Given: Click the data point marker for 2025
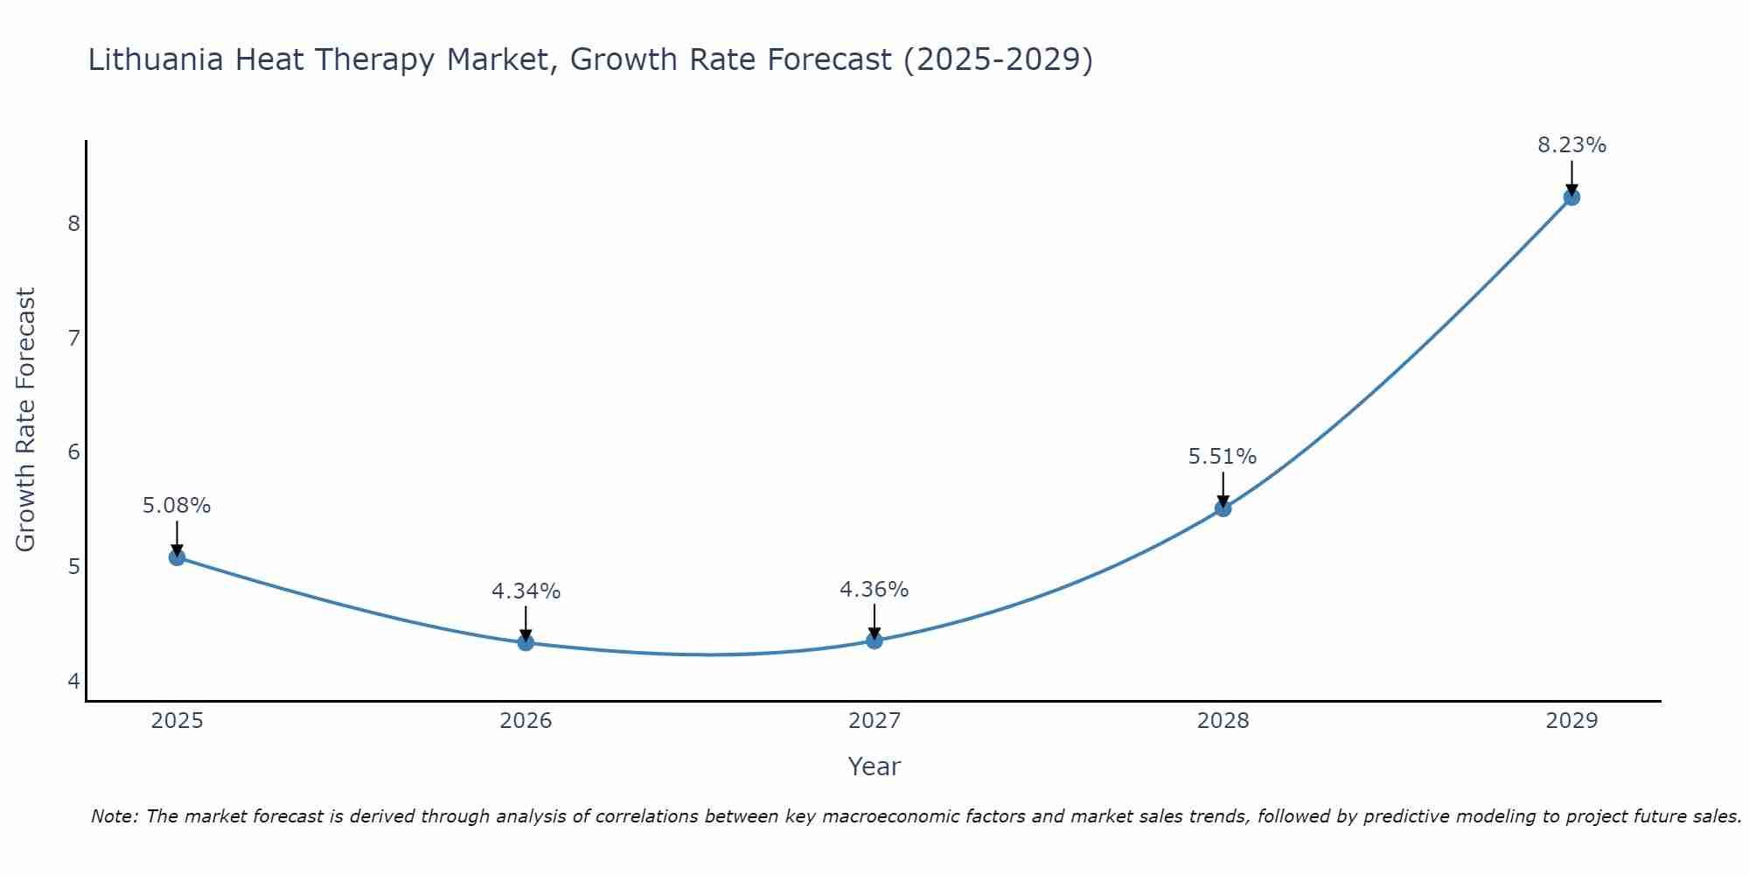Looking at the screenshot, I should pyautogui.click(x=177, y=557).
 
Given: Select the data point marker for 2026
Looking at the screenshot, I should pyautogui.click(x=526, y=642).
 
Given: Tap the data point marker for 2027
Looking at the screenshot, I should pyautogui.click(x=874, y=640).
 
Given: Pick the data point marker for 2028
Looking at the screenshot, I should pyautogui.click(x=1223, y=508).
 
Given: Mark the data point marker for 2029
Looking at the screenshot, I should pyautogui.click(x=1571, y=197).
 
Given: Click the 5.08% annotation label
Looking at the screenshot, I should pyautogui.click(x=177, y=506).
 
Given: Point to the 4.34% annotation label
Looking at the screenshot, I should pyautogui.click(x=526, y=591).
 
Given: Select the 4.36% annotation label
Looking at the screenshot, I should pyautogui.click(x=874, y=590).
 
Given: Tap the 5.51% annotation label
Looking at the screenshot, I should pyautogui.click(x=1223, y=457).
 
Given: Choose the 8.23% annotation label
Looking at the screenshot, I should pyautogui.click(x=1571, y=145).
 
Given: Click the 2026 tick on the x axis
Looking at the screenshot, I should pyautogui.click(x=526, y=721).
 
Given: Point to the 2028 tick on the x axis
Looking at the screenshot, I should pyautogui.click(x=1223, y=721).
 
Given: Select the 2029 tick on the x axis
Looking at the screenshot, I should pyautogui.click(x=1571, y=721).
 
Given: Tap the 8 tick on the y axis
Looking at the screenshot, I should pyautogui.click(x=73, y=223).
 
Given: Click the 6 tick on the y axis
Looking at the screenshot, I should pyautogui.click(x=73, y=452).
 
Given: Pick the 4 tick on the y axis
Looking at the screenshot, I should pyautogui.click(x=73, y=681).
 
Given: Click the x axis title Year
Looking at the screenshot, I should pyautogui.click(x=874, y=766).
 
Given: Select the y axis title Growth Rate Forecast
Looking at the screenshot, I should pyautogui.click(x=26, y=420).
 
